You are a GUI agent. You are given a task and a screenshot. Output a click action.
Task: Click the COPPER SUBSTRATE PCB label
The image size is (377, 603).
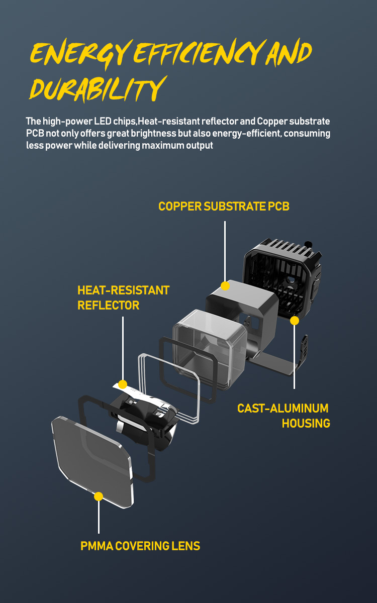224,207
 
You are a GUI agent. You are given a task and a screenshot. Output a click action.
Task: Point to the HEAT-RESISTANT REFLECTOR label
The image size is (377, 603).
123,297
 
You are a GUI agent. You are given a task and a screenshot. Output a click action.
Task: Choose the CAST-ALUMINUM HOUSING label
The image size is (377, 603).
284,416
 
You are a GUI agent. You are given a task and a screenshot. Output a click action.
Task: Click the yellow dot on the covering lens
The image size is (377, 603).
99,496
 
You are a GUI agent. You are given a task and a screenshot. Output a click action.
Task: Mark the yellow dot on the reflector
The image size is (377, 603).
123,384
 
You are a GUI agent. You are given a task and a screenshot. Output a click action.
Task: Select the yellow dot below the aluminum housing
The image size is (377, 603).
295,321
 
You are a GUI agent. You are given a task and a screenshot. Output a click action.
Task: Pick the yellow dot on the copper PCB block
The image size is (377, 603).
225,286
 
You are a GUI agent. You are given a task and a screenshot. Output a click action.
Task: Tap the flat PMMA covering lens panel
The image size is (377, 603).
92,462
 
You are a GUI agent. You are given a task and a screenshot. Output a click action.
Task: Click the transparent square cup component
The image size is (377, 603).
210,349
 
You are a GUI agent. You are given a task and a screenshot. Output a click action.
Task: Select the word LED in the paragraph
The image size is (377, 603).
103,121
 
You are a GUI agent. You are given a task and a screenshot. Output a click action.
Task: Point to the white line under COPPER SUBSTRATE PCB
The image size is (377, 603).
225,251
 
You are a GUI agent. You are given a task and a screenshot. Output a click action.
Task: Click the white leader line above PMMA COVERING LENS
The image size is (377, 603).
99,517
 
